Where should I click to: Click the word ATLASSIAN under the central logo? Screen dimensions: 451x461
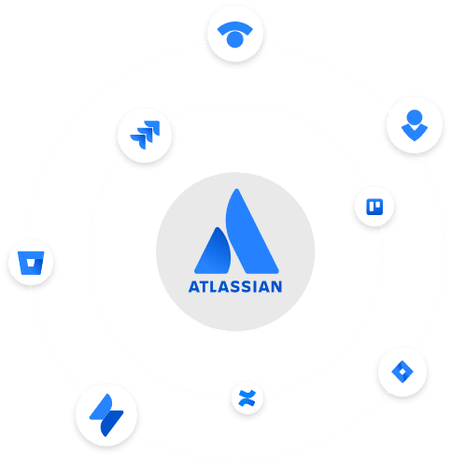click(x=235, y=287)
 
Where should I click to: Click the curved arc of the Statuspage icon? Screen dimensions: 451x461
click(x=235, y=27)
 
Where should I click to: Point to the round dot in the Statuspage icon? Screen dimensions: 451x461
click(x=235, y=39)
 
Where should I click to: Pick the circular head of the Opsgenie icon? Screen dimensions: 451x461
click(x=415, y=118)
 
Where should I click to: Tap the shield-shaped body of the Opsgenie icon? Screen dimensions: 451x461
click(x=415, y=133)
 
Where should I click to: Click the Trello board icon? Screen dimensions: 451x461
click(x=374, y=207)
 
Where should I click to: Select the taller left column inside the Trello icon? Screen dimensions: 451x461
click(x=372, y=207)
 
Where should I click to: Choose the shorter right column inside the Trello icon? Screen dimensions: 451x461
click(x=378, y=205)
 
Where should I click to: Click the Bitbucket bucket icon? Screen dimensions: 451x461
click(x=31, y=263)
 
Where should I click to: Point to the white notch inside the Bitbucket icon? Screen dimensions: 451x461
click(x=31, y=264)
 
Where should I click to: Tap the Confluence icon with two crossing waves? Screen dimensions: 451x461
click(x=247, y=398)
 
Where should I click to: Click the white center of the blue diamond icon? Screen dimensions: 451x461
click(x=402, y=371)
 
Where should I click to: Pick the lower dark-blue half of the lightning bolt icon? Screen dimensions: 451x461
click(x=111, y=424)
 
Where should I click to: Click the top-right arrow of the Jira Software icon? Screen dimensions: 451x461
click(x=154, y=127)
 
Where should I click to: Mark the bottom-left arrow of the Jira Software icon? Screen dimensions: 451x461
click(x=139, y=141)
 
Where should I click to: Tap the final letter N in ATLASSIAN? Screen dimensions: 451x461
click(x=276, y=287)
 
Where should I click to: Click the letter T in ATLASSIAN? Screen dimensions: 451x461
click(x=204, y=287)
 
